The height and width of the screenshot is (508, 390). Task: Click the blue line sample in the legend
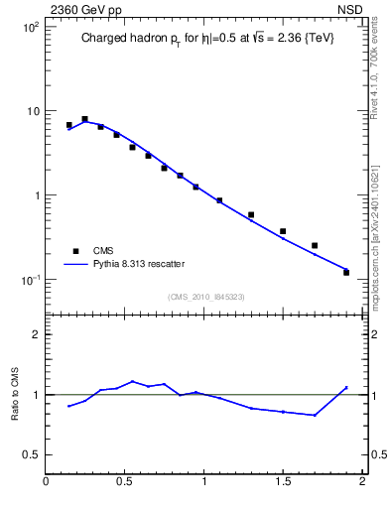74,264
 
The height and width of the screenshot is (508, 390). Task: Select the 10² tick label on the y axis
29,27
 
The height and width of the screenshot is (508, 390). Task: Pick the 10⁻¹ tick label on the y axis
29,280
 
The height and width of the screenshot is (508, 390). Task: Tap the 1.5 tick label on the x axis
283,482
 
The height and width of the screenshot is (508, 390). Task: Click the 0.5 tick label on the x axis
125,482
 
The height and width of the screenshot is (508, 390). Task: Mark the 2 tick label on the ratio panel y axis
34,334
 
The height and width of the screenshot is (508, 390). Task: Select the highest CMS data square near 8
84,119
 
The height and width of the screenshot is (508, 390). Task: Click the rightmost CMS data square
346,272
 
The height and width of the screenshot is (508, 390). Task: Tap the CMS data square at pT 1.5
283,231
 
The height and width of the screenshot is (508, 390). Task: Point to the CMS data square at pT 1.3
251,214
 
